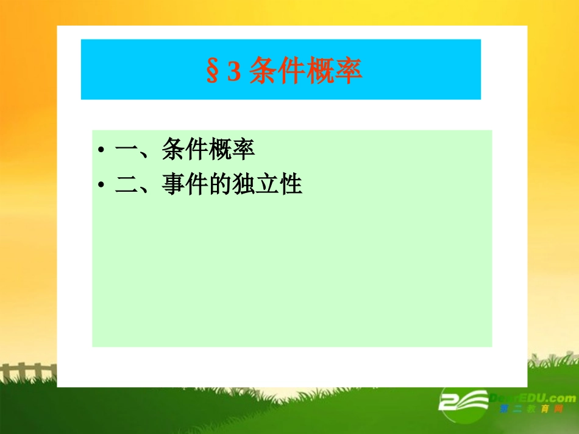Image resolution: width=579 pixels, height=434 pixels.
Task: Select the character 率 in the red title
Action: (x=349, y=71)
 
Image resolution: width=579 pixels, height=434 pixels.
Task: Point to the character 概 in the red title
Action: (x=321, y=71)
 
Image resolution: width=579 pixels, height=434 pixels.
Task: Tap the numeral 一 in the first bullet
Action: (x=126, y=150)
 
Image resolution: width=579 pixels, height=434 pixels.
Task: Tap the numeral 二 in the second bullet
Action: (x=126, y=184)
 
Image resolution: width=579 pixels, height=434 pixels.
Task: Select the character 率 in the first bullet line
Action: (x=243, y=149)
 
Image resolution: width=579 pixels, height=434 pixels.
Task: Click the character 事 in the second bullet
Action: (x=174, y=184)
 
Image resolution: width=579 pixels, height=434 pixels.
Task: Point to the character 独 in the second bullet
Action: (x=243, y=184)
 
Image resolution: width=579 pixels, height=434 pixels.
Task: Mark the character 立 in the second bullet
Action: (x=266, y=184)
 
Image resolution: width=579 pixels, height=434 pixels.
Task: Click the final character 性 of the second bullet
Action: (x=290, y=184)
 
